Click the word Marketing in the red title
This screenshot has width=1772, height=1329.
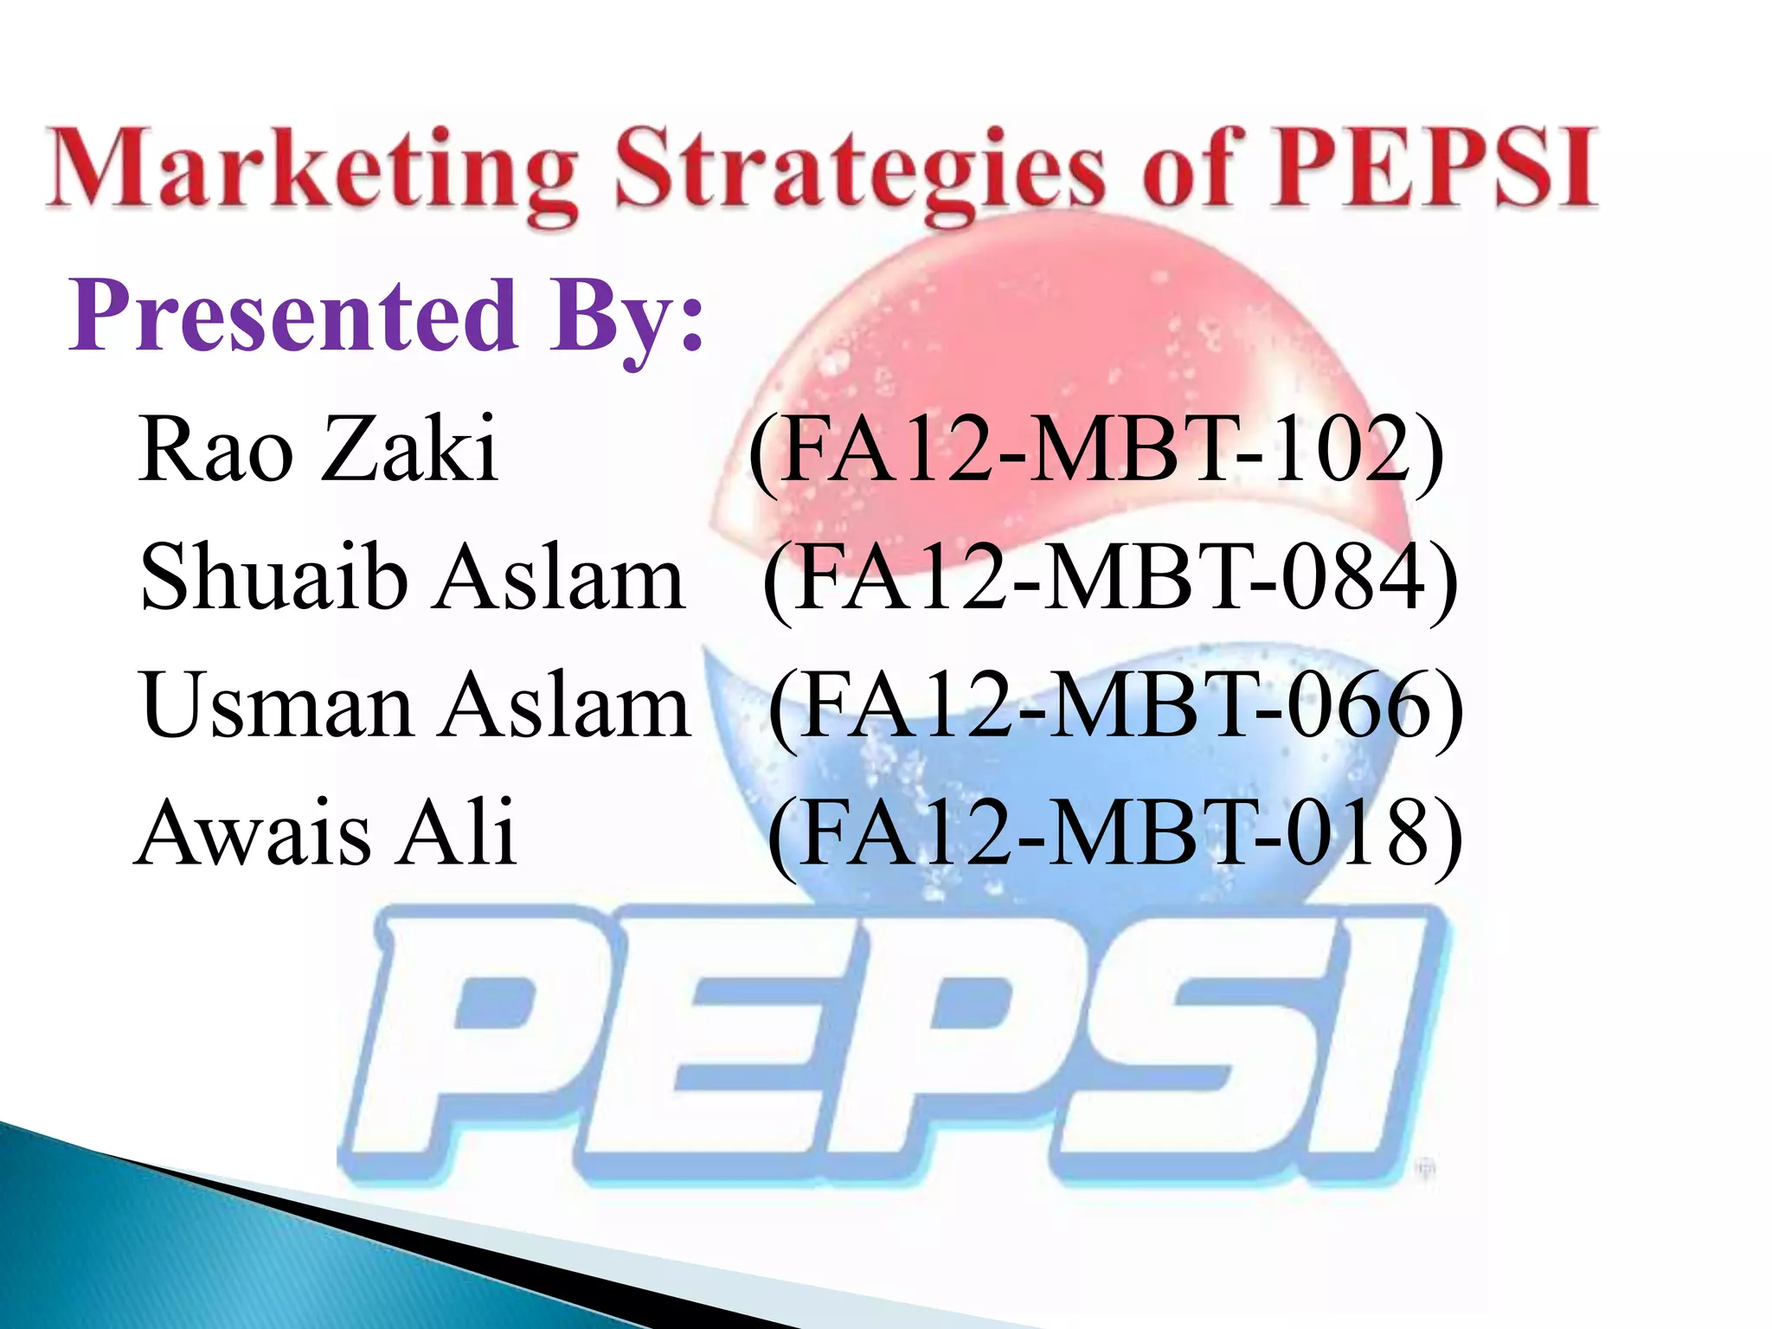pyautogui.click(x=311, y=169)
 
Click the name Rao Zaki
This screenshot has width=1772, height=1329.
pyautogui.click(x=318, y=449)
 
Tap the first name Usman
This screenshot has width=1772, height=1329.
pyautogui.click(x=276, y=705)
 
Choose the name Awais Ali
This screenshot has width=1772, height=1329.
pyautogui.click(x=326, y=832)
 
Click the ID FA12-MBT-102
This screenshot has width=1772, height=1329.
pyautogui.click(x=1096, y=451)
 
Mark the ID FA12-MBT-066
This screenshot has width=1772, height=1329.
pyautogui.click(x=1115, y=707)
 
